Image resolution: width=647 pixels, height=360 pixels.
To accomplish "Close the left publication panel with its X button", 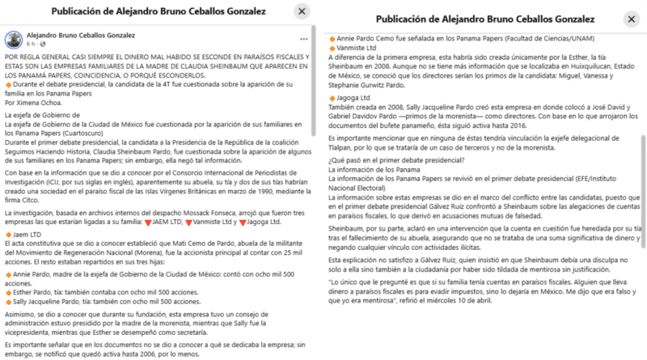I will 301,11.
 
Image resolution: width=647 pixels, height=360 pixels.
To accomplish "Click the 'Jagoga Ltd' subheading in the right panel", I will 349,98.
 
